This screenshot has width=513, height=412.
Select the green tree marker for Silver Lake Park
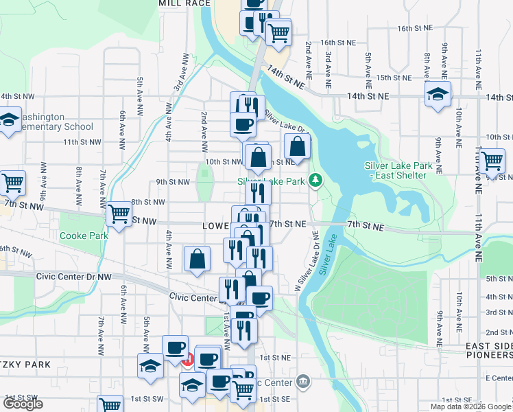coord(315,181)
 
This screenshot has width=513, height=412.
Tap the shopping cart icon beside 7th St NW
coord(119,214)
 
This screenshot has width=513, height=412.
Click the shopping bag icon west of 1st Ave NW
coord(197,260)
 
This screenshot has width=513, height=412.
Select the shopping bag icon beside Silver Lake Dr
coord(297,146)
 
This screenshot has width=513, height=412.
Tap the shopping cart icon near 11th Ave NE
coord(492,161)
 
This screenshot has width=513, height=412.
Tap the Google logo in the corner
coord(24,404)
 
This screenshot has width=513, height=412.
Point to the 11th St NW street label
coord(78,142)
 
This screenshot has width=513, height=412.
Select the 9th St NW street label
coord(172,182)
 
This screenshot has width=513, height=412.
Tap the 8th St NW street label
coord(148,202)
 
